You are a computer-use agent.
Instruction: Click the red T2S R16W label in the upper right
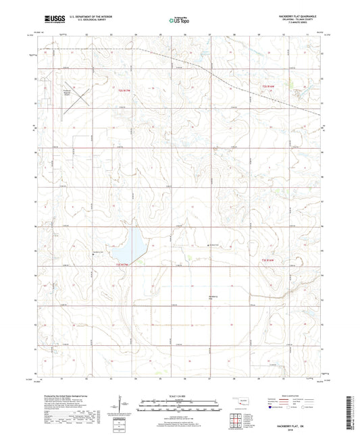[269, 86]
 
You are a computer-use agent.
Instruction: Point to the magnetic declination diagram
[124, 405]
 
